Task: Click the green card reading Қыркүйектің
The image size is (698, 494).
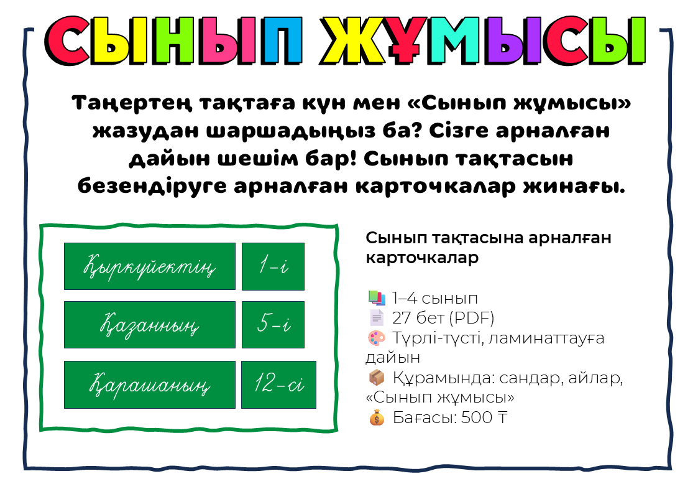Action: point(150,266)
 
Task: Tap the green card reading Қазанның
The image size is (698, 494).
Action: point(150,325)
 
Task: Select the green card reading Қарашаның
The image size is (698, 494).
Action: point(150,385)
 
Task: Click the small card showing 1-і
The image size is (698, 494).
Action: point(273,266)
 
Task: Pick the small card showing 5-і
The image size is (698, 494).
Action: point(273,325)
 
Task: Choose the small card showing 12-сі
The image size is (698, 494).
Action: point(278,385)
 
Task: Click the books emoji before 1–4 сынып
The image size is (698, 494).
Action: point(377,298)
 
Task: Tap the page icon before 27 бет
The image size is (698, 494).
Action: point(377,318)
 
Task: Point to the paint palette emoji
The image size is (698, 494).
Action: point(377,338)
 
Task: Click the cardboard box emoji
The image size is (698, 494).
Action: point(377,378)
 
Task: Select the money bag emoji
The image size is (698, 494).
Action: point(377,417)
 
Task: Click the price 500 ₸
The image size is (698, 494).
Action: point(484,417)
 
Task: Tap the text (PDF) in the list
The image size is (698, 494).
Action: point(472,318)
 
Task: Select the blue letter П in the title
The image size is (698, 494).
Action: point(282,40)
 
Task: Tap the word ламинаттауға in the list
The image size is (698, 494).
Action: point(546,338)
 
